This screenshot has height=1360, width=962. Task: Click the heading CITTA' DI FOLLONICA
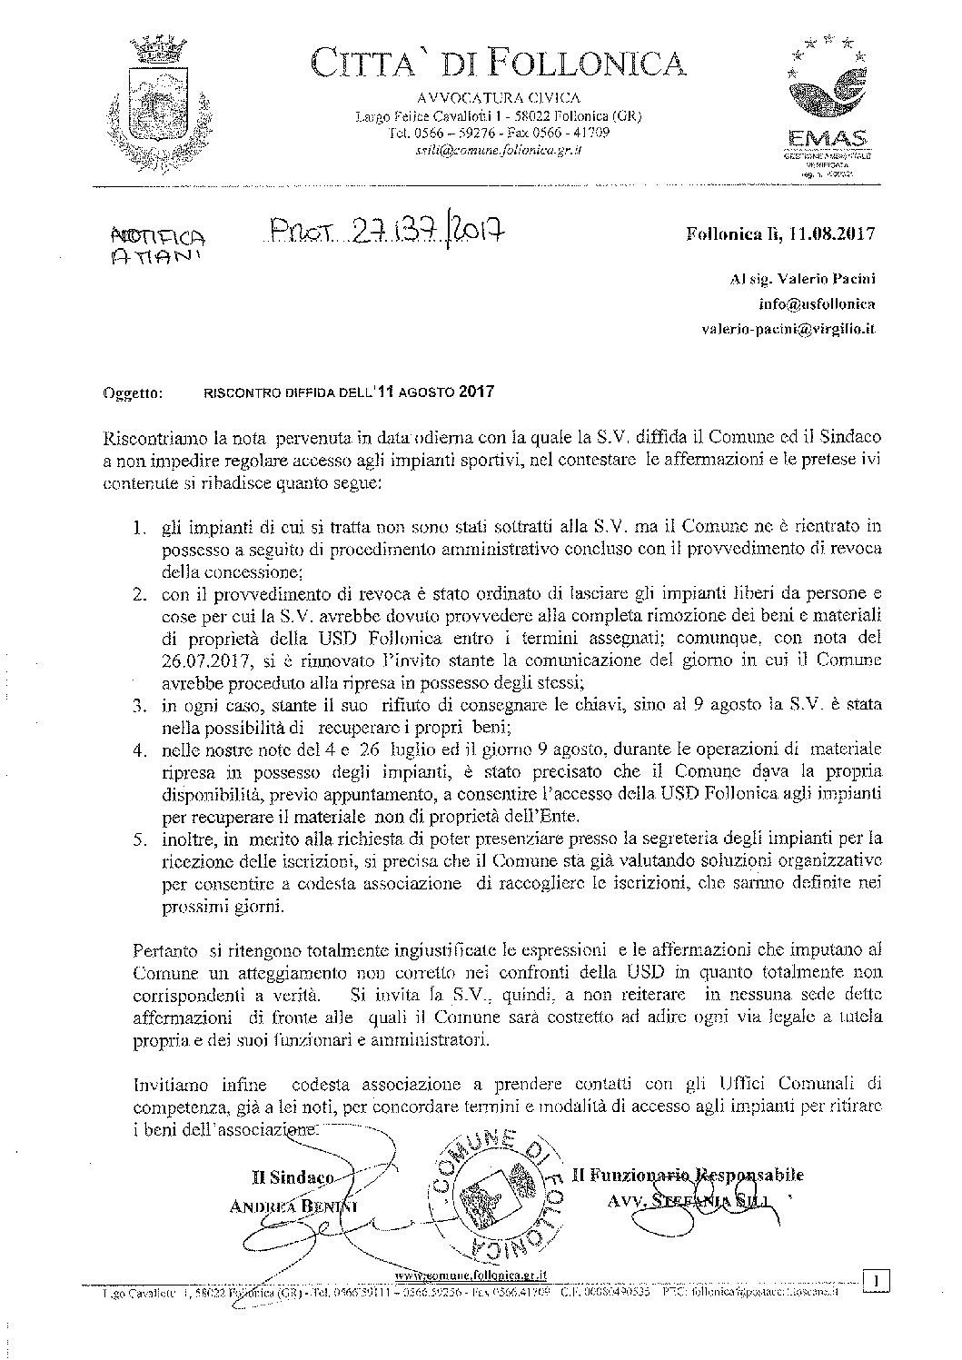coord(498,63)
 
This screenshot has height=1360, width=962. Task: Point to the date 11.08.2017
coord(832,233)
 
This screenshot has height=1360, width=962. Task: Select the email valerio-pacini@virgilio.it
coord(788,331)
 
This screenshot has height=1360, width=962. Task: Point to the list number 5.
coord(140,839)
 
